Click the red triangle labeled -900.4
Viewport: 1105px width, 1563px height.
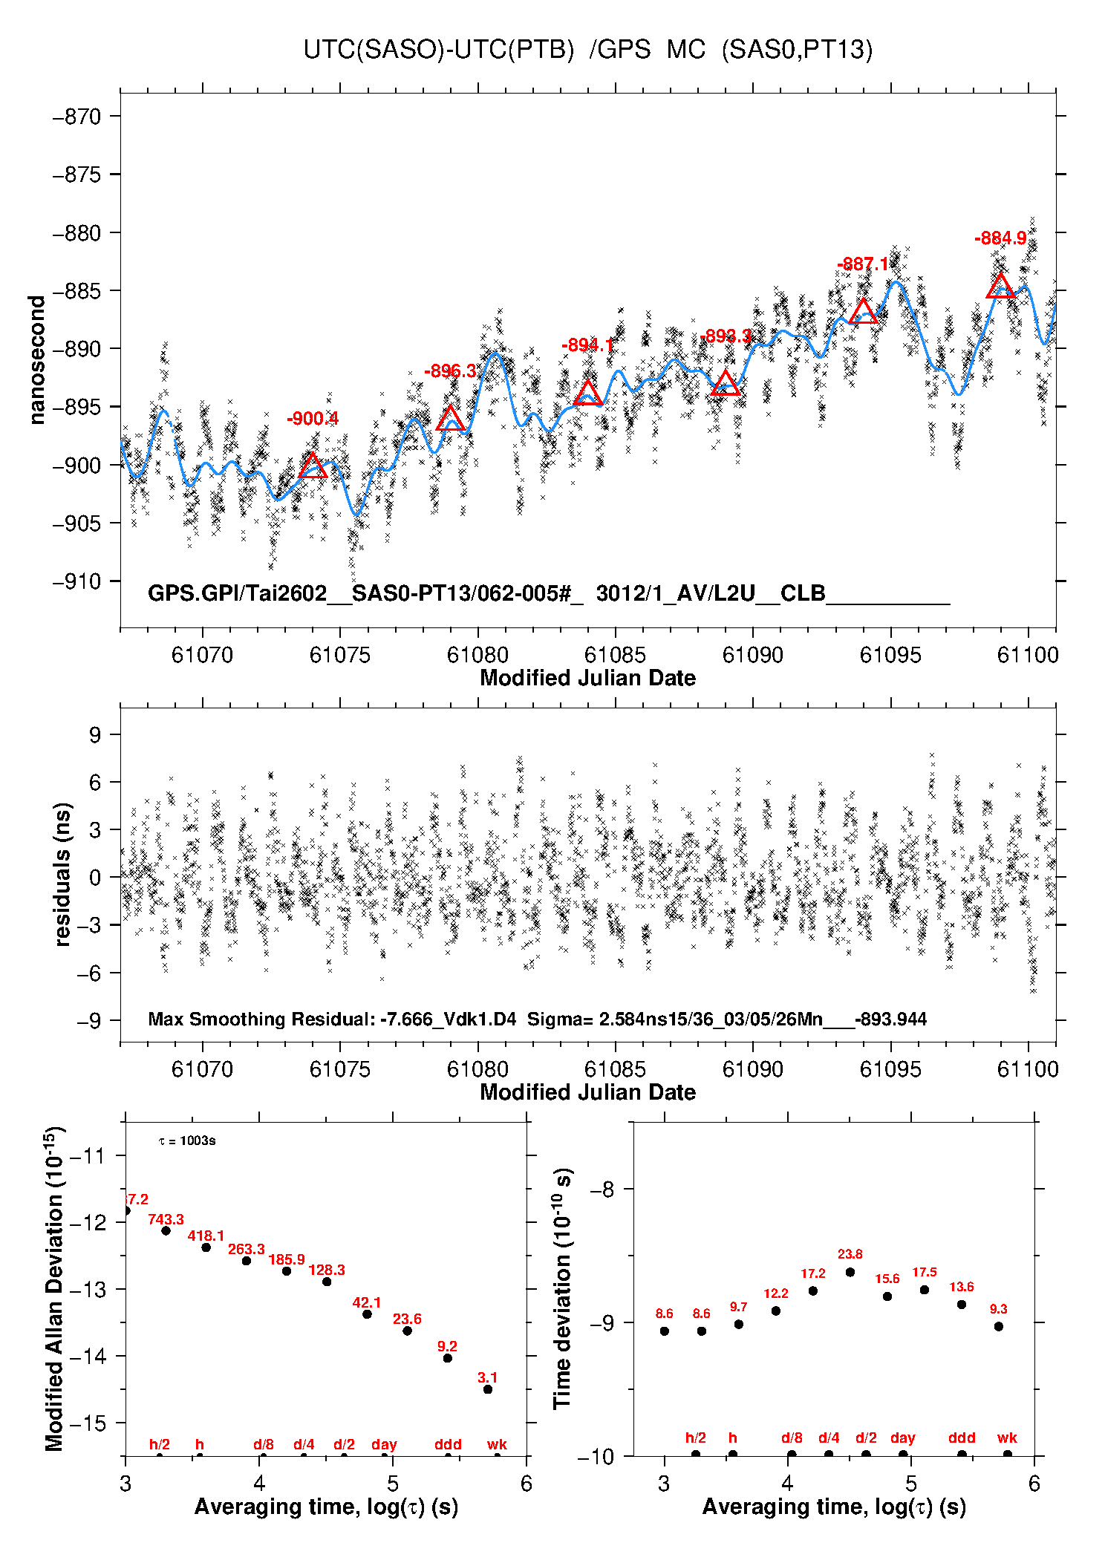click(x=313, y=466)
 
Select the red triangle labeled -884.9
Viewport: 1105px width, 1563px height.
click(x=1000, y=287)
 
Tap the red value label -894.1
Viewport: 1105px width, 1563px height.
click(x=587, y=345)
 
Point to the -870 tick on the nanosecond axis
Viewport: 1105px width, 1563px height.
click(x=76, y=117)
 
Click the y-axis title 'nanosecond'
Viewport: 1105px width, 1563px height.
click(x=37, y=360)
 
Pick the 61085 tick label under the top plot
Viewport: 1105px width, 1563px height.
click(x=615, y=655)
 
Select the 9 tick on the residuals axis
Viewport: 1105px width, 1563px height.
click(x=95, y=735)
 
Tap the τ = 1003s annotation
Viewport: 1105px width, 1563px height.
click(x=187, y=1141)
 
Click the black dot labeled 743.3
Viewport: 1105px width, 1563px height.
click(x=166, y=1230)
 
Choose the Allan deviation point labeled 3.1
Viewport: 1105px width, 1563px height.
click(x=488, y=1389)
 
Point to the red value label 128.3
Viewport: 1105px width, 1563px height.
click(x=327, y=1270)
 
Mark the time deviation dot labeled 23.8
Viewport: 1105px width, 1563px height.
click(x=850, y=1272)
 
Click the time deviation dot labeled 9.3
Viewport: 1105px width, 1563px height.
click(x=999, y=1326)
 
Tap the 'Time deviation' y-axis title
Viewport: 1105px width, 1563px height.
click(x=562, y=1288)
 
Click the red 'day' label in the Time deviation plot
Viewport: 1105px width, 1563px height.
click(x=902, y=1438)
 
